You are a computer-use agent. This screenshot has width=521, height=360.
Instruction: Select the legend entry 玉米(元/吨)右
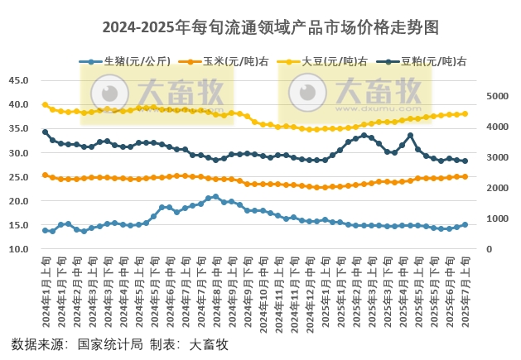tap(228, 61)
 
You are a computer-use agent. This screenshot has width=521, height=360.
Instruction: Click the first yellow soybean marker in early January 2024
tap(45, 104)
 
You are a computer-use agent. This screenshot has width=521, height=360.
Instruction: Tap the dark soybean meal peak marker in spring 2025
tap(410, 136)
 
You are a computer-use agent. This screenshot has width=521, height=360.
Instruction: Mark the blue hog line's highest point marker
tap(216, 197)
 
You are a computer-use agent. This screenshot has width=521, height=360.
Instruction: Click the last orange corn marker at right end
tap(465, 176)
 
